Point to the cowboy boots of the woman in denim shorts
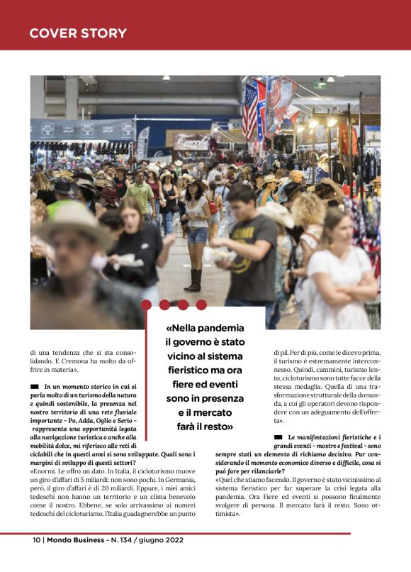[x=193, y=280]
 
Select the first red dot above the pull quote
[x=147, y=305]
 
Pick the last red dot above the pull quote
[x=201, y=305]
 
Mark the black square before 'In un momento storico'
[x=35, y=386]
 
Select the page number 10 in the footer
[x=36, y=540]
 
